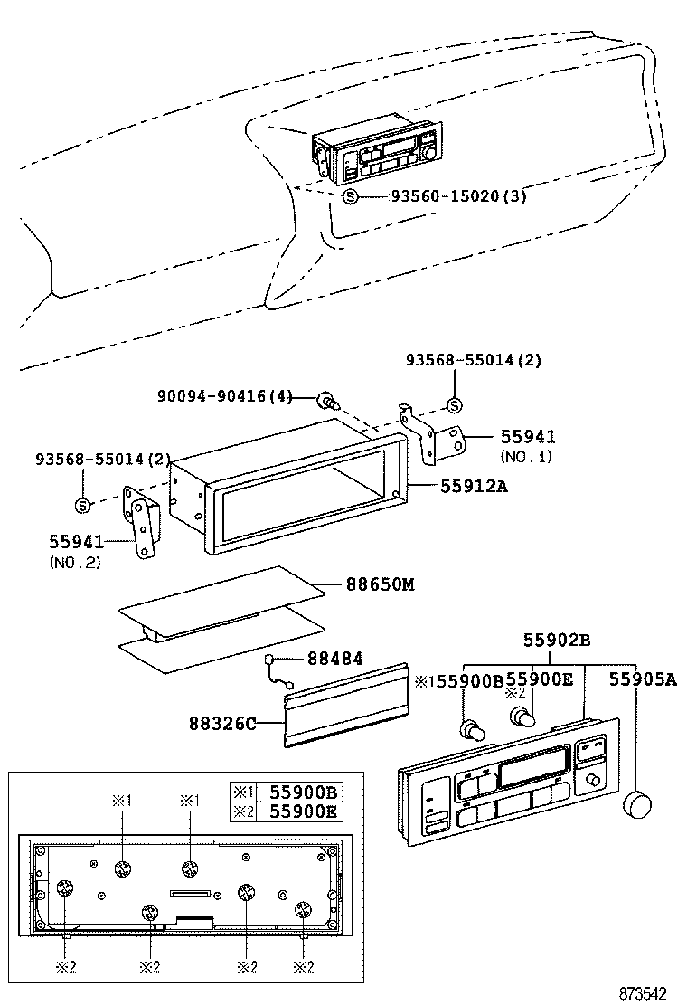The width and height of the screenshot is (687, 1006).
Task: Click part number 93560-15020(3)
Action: point(457,196)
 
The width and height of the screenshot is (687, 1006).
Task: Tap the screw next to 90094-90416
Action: point(326,399)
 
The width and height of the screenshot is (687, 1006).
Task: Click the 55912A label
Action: point(475,486)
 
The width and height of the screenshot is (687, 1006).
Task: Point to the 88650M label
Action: point(380,584)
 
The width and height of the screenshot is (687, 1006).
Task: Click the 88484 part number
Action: point(334,660)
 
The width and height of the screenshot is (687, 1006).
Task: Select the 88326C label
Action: point(222,723)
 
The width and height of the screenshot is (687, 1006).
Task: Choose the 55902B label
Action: point(557,641)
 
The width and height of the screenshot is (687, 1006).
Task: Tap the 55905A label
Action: point(642,679)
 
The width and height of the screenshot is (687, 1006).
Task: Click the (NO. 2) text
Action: point(74,562)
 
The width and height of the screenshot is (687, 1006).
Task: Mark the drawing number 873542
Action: point(648,992)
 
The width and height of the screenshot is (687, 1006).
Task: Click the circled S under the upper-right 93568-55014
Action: point(455,403)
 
